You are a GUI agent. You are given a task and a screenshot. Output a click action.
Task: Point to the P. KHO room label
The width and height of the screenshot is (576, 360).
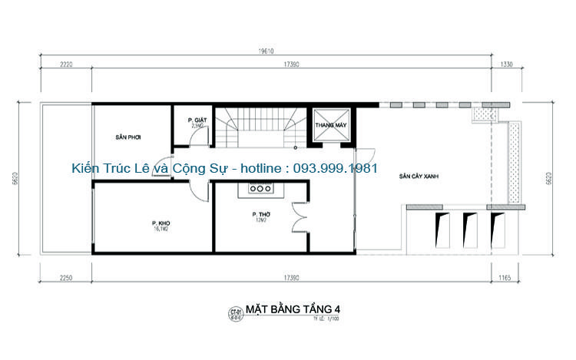point(160,223)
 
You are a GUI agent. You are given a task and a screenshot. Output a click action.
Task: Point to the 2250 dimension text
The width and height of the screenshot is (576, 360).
point(65,278)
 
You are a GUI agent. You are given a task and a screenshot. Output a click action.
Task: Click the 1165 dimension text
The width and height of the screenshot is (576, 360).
point(504,278)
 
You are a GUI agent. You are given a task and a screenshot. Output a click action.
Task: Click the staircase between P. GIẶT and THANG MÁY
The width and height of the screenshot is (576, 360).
point(261,127)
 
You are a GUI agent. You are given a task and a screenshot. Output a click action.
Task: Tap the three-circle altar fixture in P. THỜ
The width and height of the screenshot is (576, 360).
point(261,187)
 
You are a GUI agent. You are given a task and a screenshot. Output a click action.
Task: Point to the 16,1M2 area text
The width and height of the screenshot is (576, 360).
point(160,229)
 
